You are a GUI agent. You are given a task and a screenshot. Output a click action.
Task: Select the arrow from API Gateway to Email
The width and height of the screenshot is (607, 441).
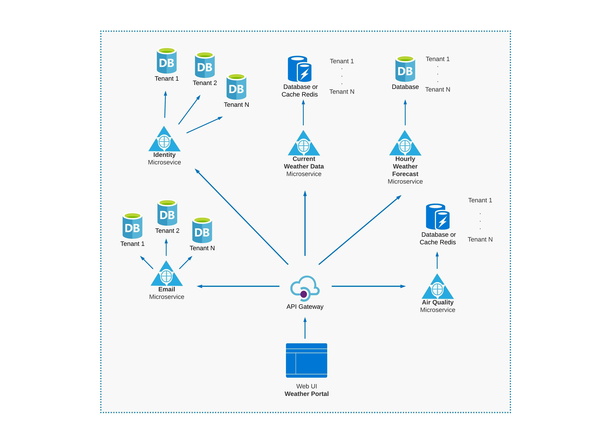tap(238, 286)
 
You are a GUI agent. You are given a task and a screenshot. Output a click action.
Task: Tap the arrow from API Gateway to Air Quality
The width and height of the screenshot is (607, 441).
tap(369, 286)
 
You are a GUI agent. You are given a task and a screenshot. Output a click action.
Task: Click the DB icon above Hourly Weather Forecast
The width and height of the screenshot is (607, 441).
tap(405, 69)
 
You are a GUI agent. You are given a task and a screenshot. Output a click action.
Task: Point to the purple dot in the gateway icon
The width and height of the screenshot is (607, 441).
tap(303, 294)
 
